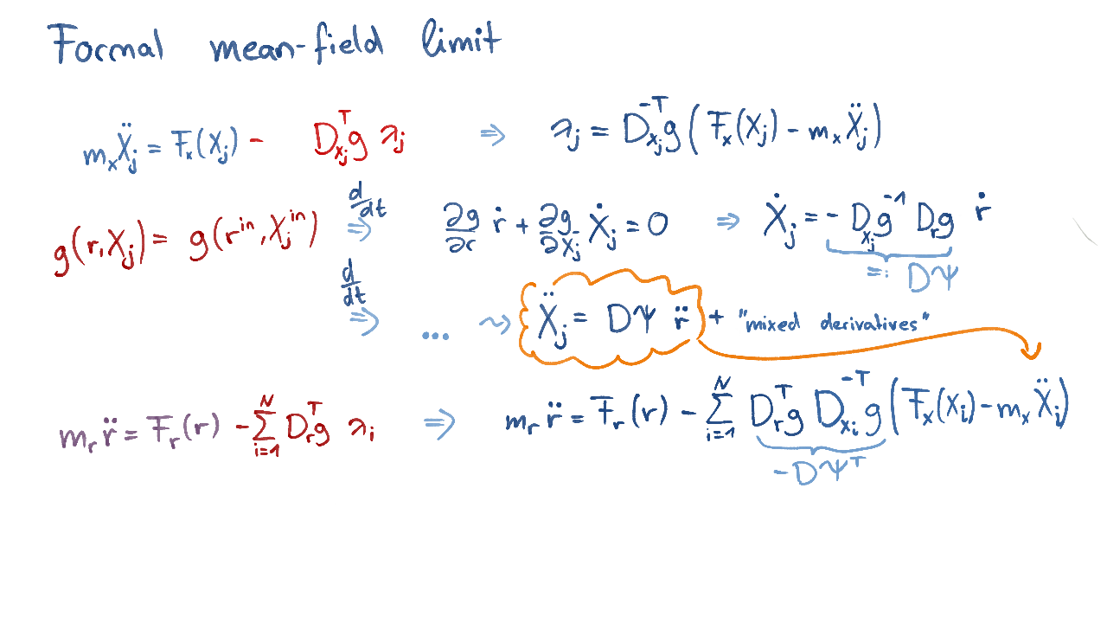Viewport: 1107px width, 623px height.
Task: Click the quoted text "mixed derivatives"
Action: [x=835, y=324]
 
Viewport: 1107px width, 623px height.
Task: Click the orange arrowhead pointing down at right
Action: [x=1030, y=350]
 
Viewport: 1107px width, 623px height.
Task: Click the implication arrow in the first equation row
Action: [x=492, y=135]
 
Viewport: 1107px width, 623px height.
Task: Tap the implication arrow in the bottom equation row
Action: [x=439, y=423]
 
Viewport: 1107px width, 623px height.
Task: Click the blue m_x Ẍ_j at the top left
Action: [x=111, y=152]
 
